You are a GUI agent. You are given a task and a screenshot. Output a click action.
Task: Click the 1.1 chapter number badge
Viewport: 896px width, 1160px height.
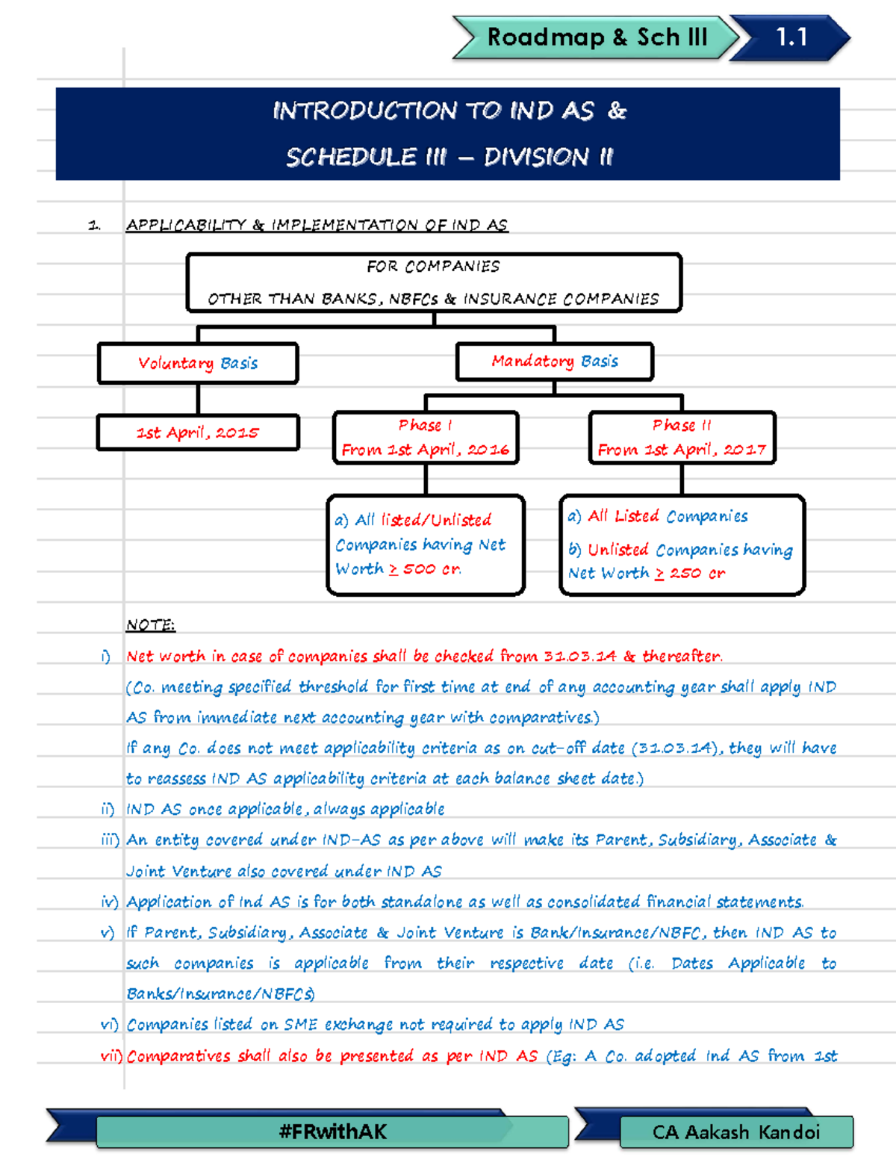point(791,37)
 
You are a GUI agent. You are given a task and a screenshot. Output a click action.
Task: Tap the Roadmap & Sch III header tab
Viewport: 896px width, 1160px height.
point(597,37)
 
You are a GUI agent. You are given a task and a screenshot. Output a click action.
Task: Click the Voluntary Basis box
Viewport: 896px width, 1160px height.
point(198,363)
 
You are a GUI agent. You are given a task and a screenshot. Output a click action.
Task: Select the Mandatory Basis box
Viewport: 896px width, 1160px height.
point(554,362)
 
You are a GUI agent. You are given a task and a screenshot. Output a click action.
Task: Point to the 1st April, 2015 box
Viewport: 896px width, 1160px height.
point(198,432)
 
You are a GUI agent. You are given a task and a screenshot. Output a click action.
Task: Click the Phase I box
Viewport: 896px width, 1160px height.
point(425,437)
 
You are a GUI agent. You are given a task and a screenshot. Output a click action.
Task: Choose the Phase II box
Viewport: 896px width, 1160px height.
point(682,437)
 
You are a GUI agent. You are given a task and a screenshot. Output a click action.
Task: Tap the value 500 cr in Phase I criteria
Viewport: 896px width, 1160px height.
point(432,569)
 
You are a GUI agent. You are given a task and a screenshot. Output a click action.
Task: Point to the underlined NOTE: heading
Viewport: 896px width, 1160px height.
point(150,624)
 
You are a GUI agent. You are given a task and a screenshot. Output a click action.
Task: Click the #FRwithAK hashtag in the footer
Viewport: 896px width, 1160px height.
point(332,1132)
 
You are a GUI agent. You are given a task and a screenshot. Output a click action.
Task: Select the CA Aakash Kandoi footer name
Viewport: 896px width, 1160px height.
point(735,1132)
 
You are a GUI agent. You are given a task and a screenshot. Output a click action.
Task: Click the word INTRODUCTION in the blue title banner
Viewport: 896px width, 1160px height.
point(364,111)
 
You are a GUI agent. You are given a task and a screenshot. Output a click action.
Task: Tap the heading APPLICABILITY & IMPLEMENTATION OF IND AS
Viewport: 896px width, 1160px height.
point(317,225)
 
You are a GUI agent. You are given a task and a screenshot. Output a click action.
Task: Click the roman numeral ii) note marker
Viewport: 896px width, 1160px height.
point(108,809)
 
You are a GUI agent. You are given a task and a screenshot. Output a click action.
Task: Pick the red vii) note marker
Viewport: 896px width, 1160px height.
point(111,1055)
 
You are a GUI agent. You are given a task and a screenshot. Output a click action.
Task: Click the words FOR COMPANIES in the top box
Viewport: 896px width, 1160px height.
point(433,267)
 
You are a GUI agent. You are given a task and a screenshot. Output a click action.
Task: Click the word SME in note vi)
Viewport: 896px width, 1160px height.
point(300,1025)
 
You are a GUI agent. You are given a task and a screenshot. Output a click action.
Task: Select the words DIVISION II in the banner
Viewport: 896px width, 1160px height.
point(548,157)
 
